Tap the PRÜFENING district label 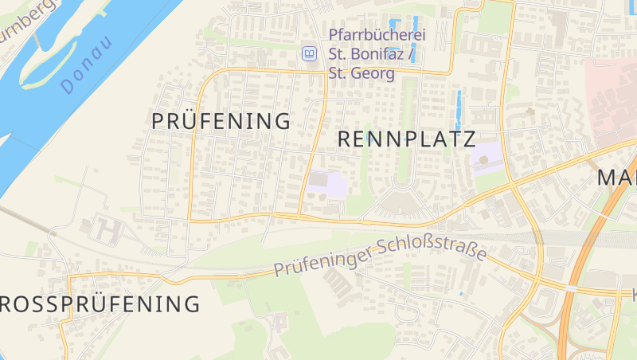[x=221, y=121]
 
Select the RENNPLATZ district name [x=406, y=139]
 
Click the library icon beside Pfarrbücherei [x=309, y=54]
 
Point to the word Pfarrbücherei [x=378, y=35]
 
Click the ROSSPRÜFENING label [x=99, y=303]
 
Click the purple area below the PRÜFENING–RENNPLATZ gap [x=327, y=185]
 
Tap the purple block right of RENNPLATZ [x=487, y=158]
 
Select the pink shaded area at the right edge [x=612, y=104]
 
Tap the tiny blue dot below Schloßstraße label [x=460, y=295]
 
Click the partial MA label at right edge [x=617, y=177]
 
